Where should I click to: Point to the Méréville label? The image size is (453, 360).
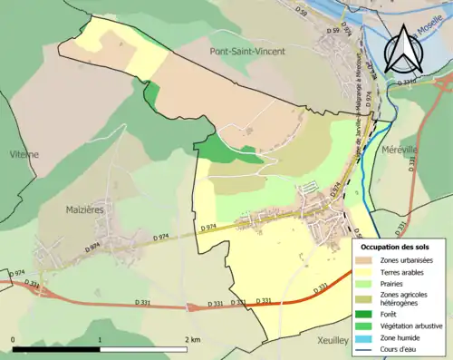(399, 148)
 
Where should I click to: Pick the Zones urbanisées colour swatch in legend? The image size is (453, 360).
(367, 260)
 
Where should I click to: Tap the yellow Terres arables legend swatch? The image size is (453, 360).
(367, 272)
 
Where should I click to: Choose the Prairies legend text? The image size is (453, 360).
(395, 284)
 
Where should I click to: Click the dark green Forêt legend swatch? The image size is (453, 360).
(367, 313)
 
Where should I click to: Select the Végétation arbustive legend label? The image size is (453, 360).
(413, 325)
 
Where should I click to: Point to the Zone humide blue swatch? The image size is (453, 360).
(367, 336)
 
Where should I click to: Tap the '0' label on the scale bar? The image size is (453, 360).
(14, 339)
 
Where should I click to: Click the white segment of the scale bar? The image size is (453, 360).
(145, 348)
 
